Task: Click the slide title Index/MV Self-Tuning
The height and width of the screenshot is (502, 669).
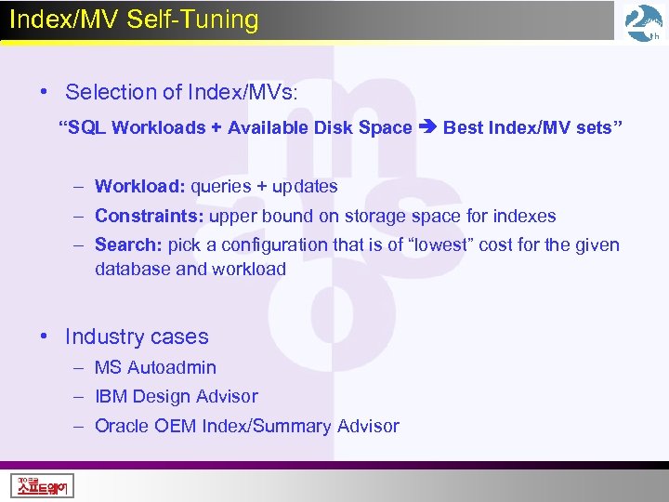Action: [134, 20]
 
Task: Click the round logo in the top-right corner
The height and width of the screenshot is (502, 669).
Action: [643, 22]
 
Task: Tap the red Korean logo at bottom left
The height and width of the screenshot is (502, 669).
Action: [43, 485]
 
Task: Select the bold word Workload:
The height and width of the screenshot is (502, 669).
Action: [140, 187]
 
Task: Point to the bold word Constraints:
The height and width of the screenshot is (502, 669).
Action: [150, 217]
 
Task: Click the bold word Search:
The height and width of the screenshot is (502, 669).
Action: [129, 245]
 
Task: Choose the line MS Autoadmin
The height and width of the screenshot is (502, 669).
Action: [155, 367]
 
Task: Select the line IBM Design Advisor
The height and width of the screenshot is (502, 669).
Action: [176, 396]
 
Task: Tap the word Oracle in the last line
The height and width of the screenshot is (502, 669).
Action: [121, 426]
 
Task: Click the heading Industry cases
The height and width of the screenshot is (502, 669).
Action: [137, 337]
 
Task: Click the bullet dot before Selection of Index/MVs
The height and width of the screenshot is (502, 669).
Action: [45, 92]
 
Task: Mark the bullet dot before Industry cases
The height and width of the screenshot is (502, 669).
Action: [45, 337]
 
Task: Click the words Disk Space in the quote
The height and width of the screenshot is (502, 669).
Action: [366, 128]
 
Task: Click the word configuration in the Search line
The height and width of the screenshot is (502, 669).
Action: [281, 245]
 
